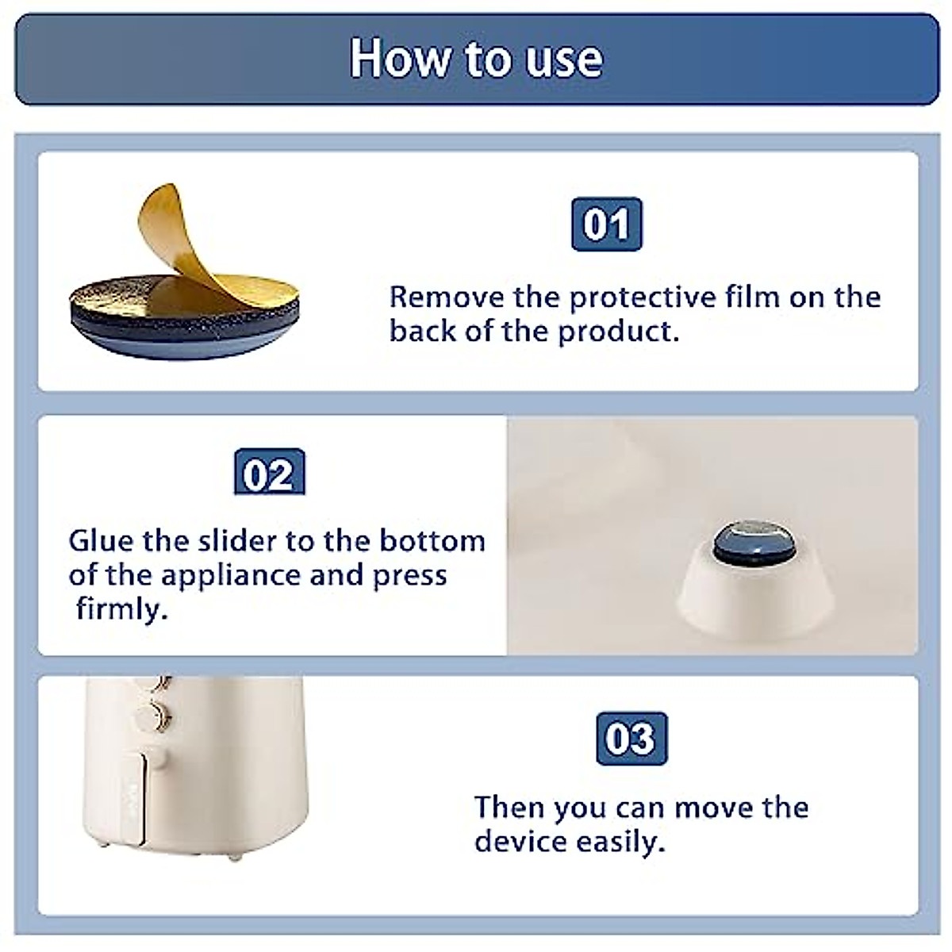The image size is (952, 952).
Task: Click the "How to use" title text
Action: click(x=476, y=59)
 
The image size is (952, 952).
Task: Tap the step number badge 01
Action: click(x=606, y=225)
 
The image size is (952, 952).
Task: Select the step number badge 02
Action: click(x=269, y=474)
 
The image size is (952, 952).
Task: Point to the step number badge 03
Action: click(x=631, y=739)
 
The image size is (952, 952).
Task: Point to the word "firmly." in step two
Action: click(x=122, y=609)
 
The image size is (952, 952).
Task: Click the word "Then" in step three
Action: click(x=509, y=808)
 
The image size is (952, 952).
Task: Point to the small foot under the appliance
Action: click(x=235, y=858)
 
